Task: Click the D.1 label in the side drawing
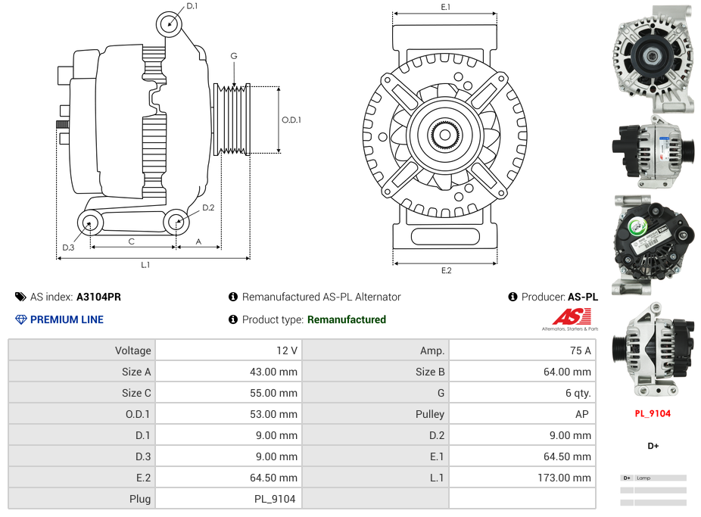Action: (192, 6)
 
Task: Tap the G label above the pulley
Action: (234, 56)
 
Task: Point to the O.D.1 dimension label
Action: (291, 120)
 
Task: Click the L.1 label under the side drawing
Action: (145, 265)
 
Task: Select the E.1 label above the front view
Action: (445, 7)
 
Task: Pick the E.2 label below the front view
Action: (446, 270)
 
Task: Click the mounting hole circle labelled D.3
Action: (90, 223)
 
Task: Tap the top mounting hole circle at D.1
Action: (170, 24)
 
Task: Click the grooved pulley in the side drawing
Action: (232, 120)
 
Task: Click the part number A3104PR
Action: (98, 297)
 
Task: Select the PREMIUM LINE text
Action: (67, 319)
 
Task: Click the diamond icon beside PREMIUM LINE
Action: (20, 319)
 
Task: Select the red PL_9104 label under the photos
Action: (652, 413)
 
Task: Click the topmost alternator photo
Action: (652, 58)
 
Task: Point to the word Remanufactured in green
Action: (346, 319)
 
